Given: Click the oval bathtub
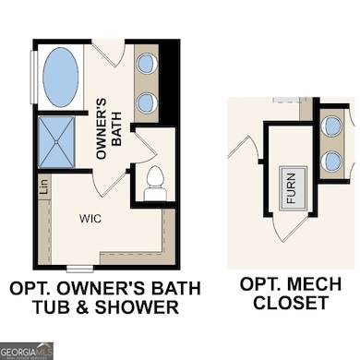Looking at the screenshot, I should coord(60,76).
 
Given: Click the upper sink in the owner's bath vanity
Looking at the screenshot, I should coord(148,64).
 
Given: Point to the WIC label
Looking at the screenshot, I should coord(90,219).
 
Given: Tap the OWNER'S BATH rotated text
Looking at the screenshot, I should coord(110,124).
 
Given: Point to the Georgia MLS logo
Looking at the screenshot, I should coord(27,350).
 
